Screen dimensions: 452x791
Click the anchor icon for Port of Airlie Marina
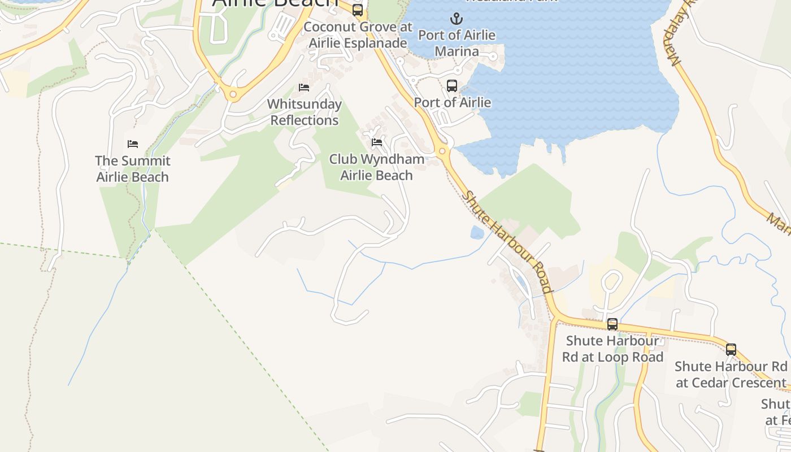pos(456,19)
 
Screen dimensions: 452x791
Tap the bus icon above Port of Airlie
pos(452,86)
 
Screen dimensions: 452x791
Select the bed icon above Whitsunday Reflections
pos(304,88)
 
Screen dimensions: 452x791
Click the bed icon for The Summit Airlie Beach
pos(133,144)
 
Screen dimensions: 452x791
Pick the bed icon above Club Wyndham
pos(377,142)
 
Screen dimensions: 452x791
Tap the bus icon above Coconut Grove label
pos(358,10)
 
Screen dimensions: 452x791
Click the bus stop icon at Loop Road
pos(612,324)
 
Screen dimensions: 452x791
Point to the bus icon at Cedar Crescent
pos(731,350)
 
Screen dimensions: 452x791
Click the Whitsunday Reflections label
pos(304,112)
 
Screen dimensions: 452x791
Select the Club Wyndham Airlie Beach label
pos(377,167)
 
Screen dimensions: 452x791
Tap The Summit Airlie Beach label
pos(133,169)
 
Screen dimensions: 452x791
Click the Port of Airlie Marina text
pos(457,43)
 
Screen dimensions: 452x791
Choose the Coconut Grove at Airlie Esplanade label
pos(358,35)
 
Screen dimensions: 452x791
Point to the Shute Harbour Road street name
pos(507,242)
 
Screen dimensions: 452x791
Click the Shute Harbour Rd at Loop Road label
pos(612,349)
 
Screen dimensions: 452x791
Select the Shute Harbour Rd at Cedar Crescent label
pos(731,375)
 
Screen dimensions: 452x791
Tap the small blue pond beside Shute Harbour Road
pos(477,232)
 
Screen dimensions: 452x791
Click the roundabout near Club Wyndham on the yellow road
pos(442,151)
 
